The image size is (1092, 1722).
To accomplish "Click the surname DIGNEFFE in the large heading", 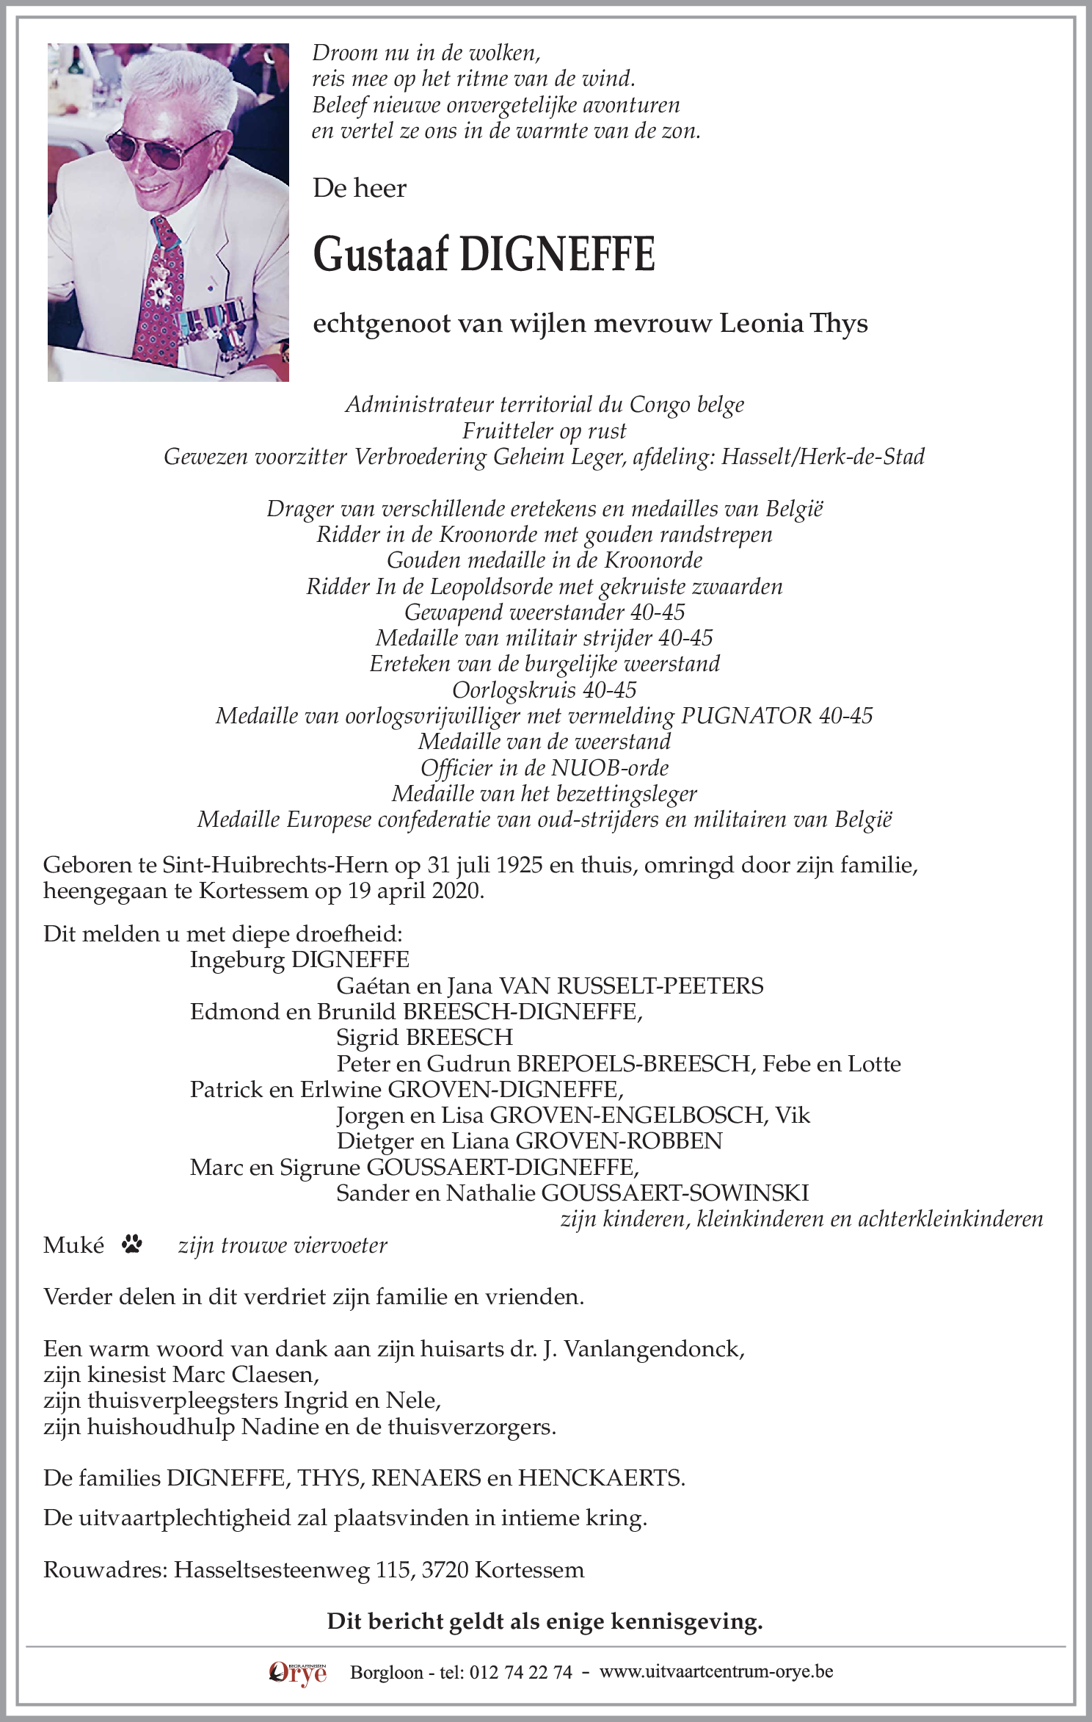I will pyautogui.click(x=557, y=255).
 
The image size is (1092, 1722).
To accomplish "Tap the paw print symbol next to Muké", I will pyautogui.click(x=133, y=1244).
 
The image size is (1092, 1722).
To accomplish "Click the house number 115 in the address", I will pyautogui.click(x=393, y=1570).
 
